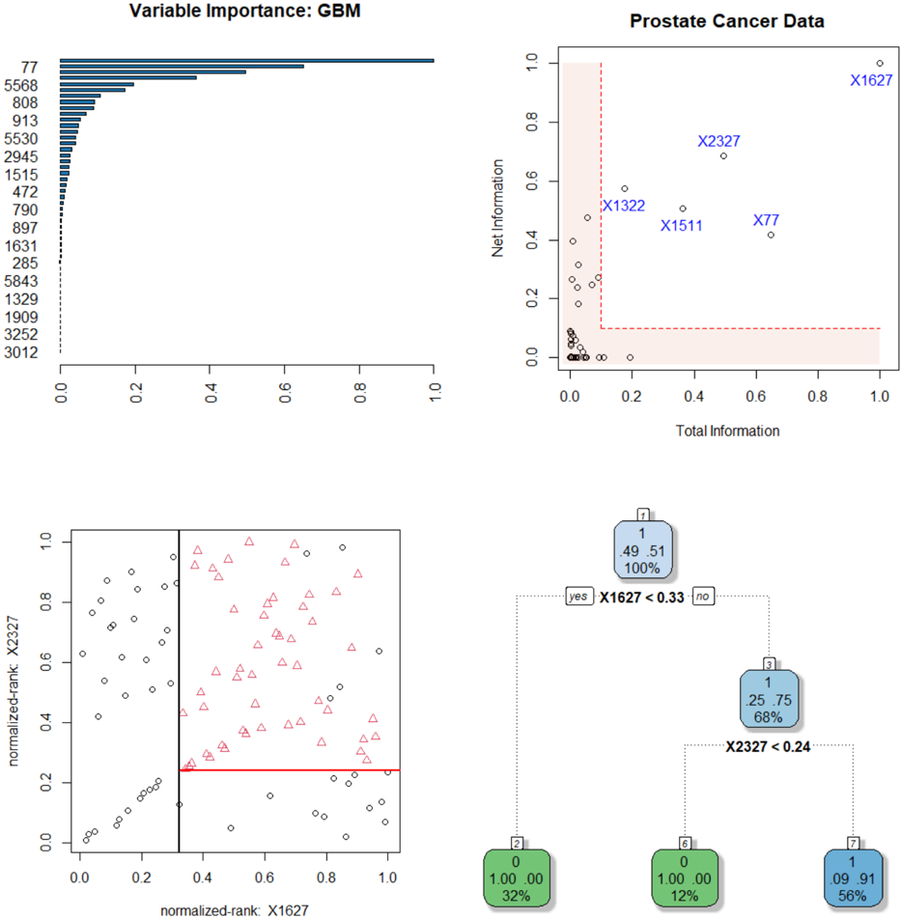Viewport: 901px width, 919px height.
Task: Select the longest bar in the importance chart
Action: pyautogui.click(x=246, y=60)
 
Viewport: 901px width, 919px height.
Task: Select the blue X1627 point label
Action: pyautogui.click(x=871, y=80)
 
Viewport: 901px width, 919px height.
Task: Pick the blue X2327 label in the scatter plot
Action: pyautogui.click(x=718, y=141)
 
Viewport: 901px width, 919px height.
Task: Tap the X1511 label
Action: pyautogui.click(x=682, y=226)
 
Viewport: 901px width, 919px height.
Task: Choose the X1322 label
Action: pyautogui.click(x=624, y=206)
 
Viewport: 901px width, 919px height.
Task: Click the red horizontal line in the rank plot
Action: pyautogui.click(x=290, y=769)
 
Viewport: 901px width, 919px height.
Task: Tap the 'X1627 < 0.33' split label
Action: pyautogui.click(x=642, y=598)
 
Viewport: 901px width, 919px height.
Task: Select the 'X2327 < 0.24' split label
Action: pyautogui.click(x=769, y=744)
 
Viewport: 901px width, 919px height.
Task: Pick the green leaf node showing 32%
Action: pyautogui.click(x=517, y=877)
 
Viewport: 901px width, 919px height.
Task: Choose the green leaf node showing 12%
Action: pyautogui.click(x=685, y=877)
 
